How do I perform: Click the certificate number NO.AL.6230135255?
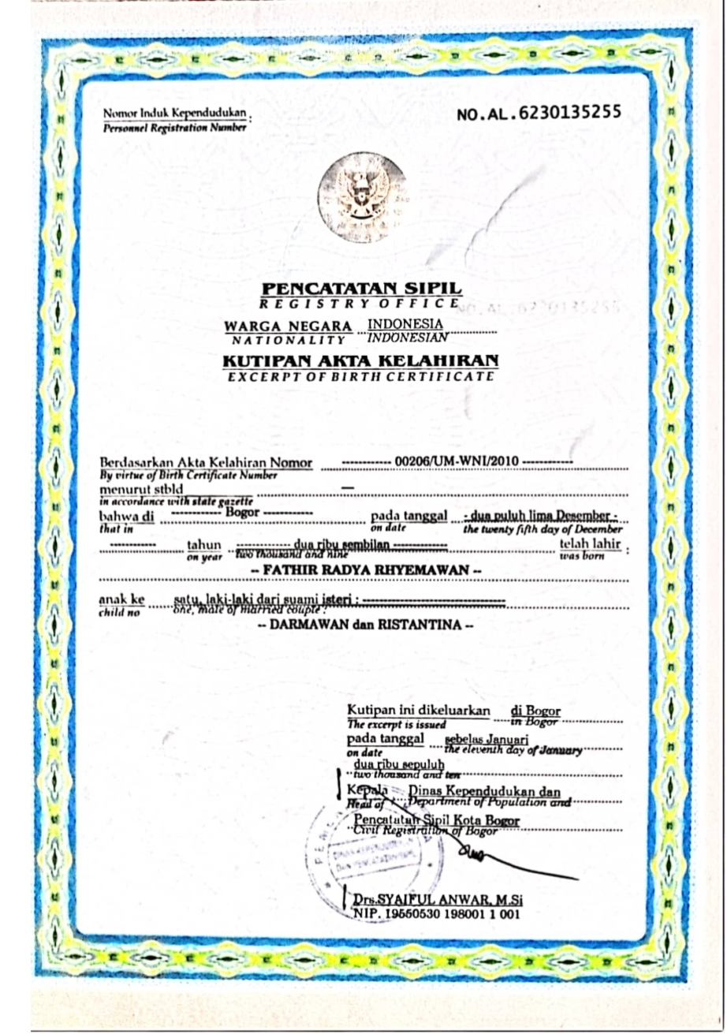coord(539,116)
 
